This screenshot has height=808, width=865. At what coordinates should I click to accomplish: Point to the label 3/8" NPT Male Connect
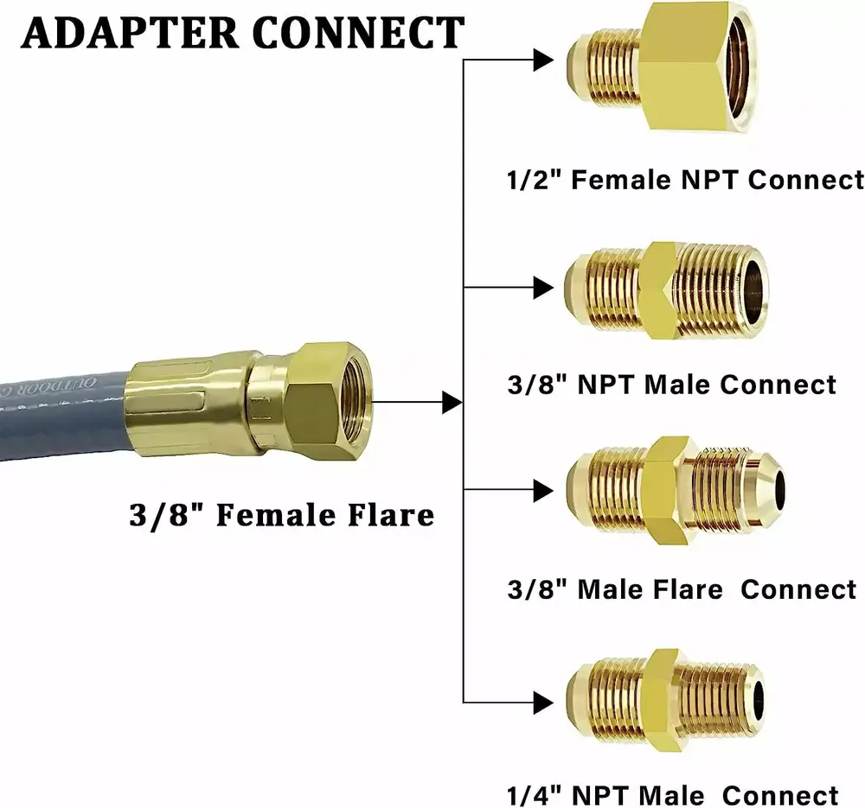[x=672, y=384]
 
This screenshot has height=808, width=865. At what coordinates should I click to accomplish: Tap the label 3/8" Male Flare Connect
[x=682, y=589]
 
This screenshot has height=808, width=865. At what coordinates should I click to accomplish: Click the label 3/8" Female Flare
[x=281, y=515]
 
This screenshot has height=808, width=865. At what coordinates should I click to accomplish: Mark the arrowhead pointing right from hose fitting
[x=449, y=401]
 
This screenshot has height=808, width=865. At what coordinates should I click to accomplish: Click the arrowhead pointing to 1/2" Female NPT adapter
[x=542, y=60]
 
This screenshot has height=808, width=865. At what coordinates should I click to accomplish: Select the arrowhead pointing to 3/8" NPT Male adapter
[x=542, y=286]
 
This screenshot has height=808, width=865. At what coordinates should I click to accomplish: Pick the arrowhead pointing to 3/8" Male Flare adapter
[x=542, y=491]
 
